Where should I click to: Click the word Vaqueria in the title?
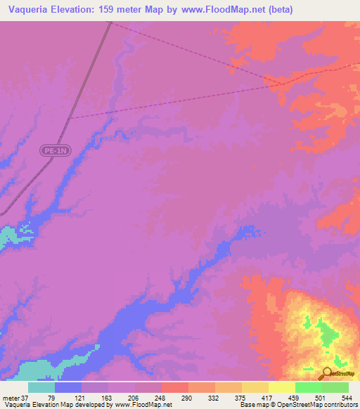(30, 10)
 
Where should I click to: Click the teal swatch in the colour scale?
(41, 388)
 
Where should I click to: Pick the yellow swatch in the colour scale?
(282, 388)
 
